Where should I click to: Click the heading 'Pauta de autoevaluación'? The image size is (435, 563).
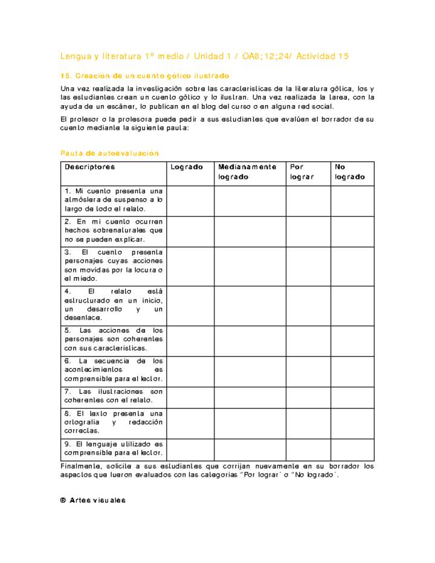(109, 153)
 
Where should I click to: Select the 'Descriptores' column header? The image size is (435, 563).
(90, 167)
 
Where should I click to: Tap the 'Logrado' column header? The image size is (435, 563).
(187, 167)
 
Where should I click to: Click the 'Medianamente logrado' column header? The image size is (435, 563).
(248, 172)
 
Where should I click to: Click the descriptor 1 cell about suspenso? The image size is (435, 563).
(114, 200)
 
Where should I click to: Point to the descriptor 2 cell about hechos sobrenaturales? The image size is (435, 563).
(114, 231)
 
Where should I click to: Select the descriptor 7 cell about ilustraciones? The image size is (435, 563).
(114, 396)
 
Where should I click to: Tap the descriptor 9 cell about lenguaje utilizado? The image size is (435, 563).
(114, 448)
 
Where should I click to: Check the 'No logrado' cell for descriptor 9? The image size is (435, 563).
(352, 449)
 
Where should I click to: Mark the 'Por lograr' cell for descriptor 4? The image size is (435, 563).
(308, 305)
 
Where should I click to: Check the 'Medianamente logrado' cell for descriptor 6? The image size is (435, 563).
(250, 370)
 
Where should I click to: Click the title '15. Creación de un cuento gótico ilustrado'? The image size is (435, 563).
(145, 76)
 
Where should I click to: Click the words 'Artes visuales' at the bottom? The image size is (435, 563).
(97, 500)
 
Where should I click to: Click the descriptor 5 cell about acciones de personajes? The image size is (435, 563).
(114, 339)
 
